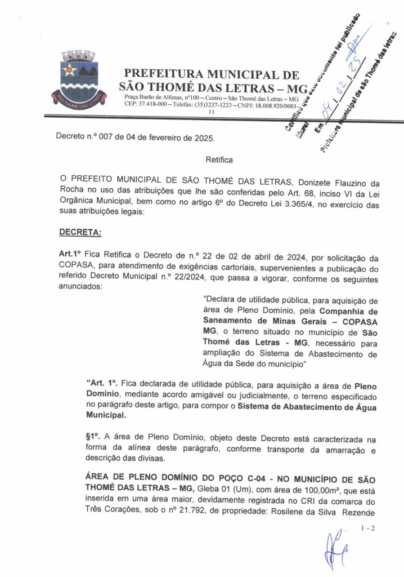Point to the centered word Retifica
219,159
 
